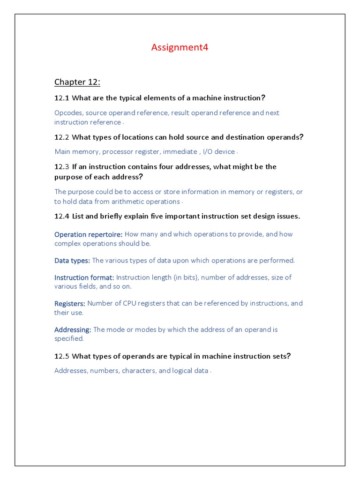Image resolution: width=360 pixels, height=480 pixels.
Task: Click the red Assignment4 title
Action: coord(180,47)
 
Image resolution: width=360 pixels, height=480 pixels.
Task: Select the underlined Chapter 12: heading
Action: coord(77,82)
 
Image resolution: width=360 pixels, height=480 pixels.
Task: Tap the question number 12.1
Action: coord(62,98)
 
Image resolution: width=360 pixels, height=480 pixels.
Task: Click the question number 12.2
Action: coord(62,137)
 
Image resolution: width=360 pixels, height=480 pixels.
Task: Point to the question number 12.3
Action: coord(62,167)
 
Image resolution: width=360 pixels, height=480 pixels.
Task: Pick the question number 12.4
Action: coord(62,216)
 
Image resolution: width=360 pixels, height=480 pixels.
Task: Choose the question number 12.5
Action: coord(62,356)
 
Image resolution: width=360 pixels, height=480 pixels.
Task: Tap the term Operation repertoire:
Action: coord(89,234)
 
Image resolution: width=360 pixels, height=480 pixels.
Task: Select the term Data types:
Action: coord(72,261)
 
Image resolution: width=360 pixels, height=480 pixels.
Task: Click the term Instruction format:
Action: coord(84,277)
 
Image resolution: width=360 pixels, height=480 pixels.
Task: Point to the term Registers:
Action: coord(70,304)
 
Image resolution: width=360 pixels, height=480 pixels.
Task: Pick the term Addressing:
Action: coord(73,330)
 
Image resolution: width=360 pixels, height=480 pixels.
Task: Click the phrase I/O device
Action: coord(218,152)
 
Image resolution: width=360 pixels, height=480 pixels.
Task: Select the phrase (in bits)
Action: coord(186,277)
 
